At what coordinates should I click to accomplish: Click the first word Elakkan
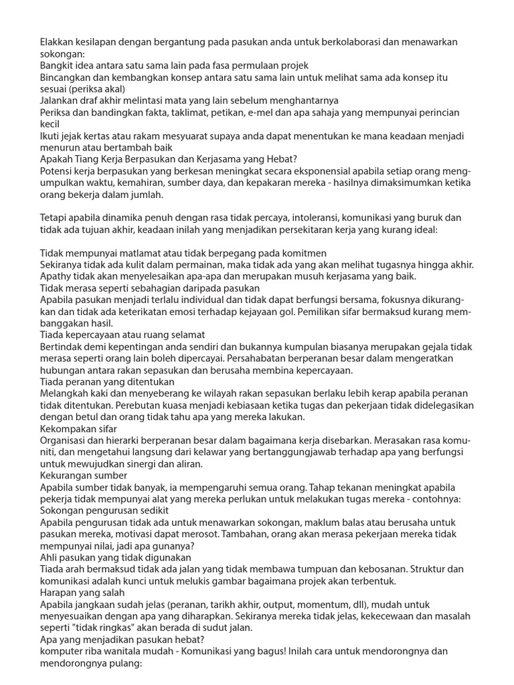point(59,41)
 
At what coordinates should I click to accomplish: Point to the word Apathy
point(58,276)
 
